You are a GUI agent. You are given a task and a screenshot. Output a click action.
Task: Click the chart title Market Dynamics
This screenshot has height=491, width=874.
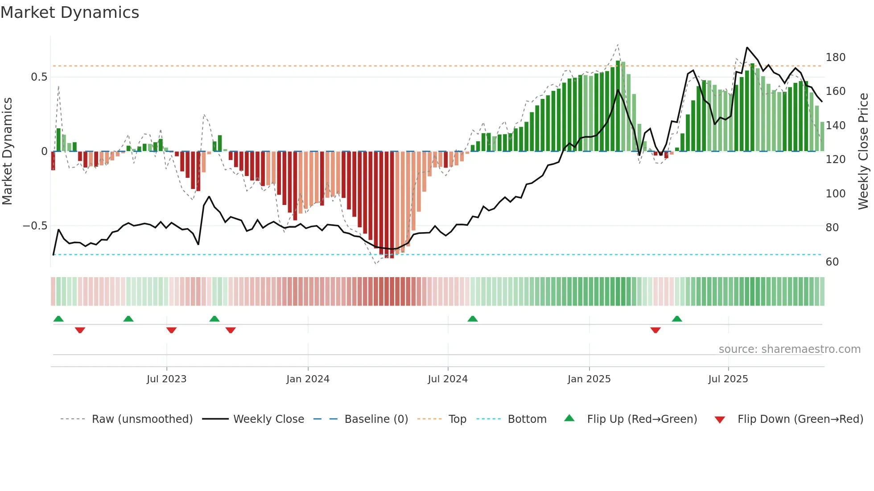click(x=70, y=12)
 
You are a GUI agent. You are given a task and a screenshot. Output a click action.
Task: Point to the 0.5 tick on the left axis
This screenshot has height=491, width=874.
click(x=39, y=77)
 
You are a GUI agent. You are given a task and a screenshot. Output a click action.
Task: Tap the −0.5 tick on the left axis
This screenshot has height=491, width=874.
click(x=35, y=226)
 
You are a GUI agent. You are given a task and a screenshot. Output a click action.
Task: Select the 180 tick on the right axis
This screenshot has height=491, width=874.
click(x=835, y=57)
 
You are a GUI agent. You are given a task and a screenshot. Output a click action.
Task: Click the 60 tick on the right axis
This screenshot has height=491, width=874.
click(x=832, y=262)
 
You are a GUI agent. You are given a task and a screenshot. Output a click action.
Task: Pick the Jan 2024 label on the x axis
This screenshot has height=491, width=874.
click(x=308, y=379)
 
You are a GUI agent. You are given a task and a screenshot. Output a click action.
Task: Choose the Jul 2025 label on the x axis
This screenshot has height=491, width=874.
click(x=728, y=379)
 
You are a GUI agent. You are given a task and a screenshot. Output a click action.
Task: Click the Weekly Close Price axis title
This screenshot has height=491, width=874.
click(x=863, y=151)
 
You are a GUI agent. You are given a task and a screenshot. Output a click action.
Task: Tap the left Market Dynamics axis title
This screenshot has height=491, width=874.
click(x=8, y=151)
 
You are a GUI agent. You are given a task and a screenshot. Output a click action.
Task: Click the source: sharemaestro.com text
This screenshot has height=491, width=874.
click(x=789, y=349)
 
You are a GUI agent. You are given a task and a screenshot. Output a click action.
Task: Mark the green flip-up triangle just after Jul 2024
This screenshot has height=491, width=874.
click(x=473, y=319)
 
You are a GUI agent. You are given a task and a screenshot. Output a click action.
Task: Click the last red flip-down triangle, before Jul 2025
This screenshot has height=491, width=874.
click(x=655, y=330)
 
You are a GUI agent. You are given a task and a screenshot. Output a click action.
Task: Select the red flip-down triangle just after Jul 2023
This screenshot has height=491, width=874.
click(x=171, y=330)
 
